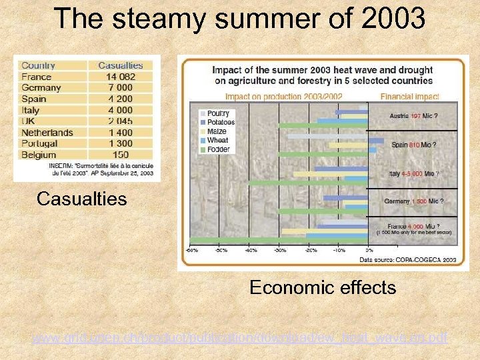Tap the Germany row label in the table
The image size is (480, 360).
coord(41,87)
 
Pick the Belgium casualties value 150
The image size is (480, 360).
coord(123,154)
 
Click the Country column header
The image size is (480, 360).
coord(38,65)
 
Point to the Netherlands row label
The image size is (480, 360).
coord(47,132)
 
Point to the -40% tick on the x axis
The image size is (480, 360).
coord(250,250)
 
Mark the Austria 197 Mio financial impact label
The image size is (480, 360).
coord(413,115)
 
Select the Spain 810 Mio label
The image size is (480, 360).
coord(413,144)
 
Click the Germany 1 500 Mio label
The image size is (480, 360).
coord(413,201)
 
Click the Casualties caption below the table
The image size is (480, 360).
coord(81,199)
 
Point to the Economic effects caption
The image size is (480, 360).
coord(323,287)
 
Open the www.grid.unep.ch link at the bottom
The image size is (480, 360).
coord(240,339)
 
